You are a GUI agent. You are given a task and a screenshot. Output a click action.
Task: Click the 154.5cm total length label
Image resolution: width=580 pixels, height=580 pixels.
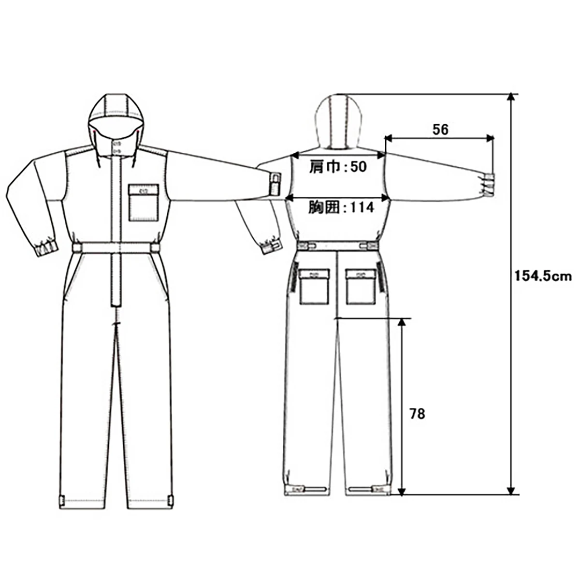click(x=543, y=276)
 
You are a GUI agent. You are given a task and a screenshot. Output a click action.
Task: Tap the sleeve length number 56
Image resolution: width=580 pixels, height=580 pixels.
click(x=440, y=130)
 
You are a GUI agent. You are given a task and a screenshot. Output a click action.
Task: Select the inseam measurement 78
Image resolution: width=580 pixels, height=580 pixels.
click(x=417, y=414)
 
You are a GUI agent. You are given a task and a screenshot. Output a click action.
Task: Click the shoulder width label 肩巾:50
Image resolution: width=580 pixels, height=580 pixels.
click(x=338, y=167)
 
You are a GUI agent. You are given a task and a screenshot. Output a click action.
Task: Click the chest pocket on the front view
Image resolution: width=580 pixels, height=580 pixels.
click(x=144, y=203)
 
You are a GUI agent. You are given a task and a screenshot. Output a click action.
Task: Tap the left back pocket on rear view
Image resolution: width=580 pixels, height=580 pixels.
click(x=315, y=287)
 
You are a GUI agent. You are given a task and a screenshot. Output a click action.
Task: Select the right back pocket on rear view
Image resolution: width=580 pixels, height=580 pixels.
click(x=361, y=287)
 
